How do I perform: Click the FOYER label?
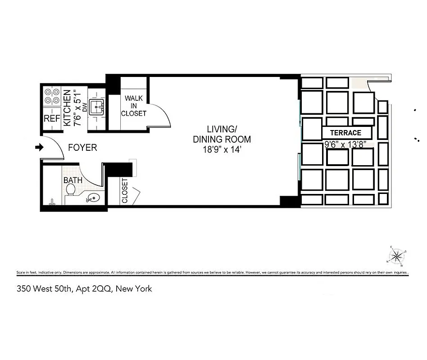tap(82, 148)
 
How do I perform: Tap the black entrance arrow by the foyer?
tap(39, 147)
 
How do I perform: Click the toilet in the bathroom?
tap(70, 190)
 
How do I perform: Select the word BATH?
tap(72, 180)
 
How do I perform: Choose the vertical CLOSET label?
tap(125, 191)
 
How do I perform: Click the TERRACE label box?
tap(346, 133)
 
